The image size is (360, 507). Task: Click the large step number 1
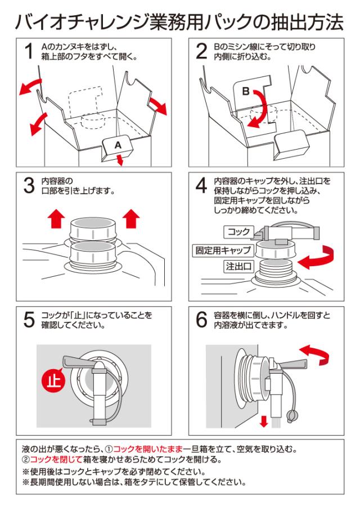[28, 52]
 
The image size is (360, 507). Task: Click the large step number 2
[201, 52]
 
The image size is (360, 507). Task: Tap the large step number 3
[28, 186]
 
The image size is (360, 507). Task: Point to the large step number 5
[28, 319]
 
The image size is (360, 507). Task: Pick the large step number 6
[201, 319]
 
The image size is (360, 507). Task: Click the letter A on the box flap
[118, 145]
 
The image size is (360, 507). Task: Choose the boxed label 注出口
[238, 266]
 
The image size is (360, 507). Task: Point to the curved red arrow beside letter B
[260, 107]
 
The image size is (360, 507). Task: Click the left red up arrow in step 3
[54, 218]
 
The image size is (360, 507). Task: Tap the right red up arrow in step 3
[130, 218]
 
